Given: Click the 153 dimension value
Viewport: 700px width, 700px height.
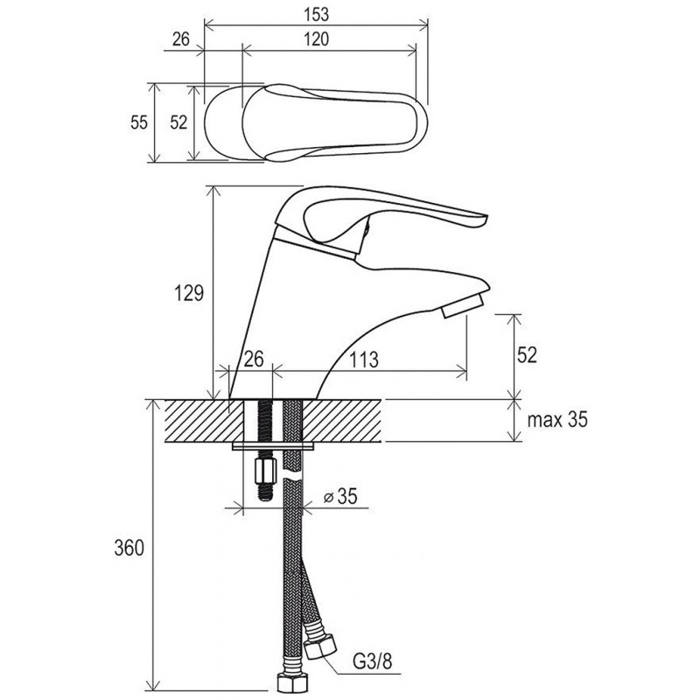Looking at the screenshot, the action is pyautogui.click(x=316, y=14).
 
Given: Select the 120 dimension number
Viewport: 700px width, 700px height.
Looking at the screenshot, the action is pyautogui.click(x=316, y=39).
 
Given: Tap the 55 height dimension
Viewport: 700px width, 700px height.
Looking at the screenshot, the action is pyautogui.click(x=139, y=122).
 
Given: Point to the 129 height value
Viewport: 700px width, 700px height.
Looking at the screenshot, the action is pyautogui.click(x=188, y=293).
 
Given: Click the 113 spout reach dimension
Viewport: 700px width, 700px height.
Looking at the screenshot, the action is pyautogui.click(x=363, y=360).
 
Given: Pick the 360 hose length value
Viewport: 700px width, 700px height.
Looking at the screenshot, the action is pyautogui.click(x=129, y=548).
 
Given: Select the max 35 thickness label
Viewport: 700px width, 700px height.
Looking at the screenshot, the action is pyautogui.click(x=557, y=420).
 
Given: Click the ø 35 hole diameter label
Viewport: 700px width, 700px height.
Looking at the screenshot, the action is pyautogui.click(x=340, y=496).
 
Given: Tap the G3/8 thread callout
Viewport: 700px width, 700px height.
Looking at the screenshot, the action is pyautogui.click(x=373, y=661).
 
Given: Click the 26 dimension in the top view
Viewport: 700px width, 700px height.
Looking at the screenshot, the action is pyautogui.click(x=181, y=39).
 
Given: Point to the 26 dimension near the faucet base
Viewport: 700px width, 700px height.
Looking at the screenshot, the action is pyautogui.click(x=254, y=359).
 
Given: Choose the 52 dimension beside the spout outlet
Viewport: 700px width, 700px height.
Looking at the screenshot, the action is pyautogui.click(x=527, y=355).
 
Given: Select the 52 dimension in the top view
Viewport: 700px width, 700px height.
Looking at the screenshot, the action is pyautogui.click(x=178, y=122).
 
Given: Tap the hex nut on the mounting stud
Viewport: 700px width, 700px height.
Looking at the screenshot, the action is pyautogui.click(x=264, y=471).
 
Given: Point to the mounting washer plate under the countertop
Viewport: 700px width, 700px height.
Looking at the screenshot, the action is pyautogui.click(x=273, y=446).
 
